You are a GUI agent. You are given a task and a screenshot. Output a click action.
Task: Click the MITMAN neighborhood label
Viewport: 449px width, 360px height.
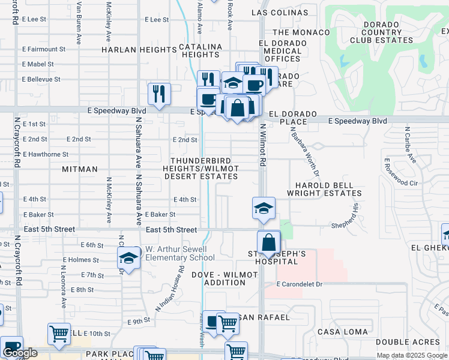click(80, 170)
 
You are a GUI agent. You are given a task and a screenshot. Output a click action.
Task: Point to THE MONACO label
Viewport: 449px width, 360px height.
click(301, 32)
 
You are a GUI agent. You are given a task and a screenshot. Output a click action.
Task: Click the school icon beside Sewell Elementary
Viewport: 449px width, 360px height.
click(128, 258)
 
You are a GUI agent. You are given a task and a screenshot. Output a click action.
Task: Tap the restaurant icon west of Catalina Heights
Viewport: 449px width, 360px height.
click(159, 93)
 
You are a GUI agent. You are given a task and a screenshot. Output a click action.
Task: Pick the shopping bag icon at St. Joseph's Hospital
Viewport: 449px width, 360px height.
click(270, 242)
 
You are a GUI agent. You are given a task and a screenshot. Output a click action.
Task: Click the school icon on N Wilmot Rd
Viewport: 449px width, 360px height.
click(264, 208)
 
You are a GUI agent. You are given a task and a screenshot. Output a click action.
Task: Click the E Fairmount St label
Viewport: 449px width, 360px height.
click(43, 49)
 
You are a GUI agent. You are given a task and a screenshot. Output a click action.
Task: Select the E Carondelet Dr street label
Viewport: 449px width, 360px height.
click(300, 283)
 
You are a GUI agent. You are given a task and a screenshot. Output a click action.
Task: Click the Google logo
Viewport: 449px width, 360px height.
click(20, 353)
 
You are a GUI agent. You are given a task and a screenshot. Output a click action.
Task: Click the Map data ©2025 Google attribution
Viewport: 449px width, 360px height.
click(411, 355)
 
